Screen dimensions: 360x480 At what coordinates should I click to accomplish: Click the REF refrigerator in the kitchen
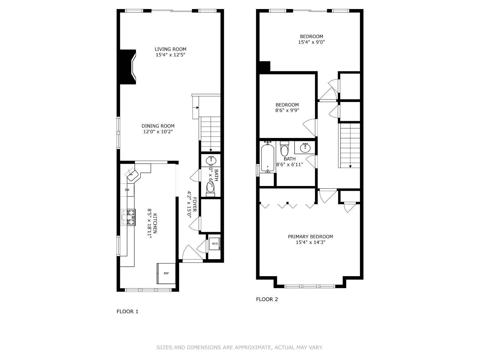point(166,273)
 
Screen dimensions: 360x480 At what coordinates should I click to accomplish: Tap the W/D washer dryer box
point(215,244)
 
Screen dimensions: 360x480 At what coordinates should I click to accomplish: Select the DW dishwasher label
point(127,190)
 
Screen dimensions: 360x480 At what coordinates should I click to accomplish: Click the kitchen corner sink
point(132,174)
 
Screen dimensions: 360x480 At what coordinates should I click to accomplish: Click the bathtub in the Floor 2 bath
point(267,157)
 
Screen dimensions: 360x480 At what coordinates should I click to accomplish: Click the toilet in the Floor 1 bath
point(210,188)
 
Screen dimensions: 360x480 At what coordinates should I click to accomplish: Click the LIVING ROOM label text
point(170,49)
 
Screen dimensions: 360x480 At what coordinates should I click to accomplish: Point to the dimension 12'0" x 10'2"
point(158,131)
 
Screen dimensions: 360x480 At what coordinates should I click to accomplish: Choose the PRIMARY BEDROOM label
point(310,236)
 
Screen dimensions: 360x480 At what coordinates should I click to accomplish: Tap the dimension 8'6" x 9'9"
point(287,110)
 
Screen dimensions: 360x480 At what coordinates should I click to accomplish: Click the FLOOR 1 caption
point(127,311)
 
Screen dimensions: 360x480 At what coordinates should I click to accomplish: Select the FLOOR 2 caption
point(267,299)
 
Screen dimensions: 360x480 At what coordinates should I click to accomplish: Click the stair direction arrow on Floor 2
point(350,166)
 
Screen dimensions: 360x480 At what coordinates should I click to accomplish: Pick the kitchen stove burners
point(131,217)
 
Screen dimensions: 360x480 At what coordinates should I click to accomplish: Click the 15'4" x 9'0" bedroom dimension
point(311,42)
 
